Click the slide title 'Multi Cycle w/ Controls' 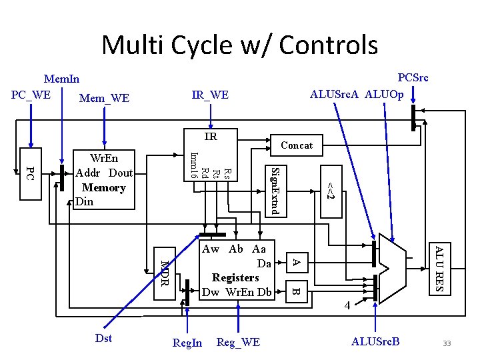239,45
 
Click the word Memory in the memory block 103,188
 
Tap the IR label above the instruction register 211,137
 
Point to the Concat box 297,145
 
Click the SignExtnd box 277,191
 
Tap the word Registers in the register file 235,277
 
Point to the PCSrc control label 412,78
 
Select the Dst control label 103,338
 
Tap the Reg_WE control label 238,342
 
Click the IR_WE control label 210,96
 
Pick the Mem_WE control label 104,99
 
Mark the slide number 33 447,343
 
